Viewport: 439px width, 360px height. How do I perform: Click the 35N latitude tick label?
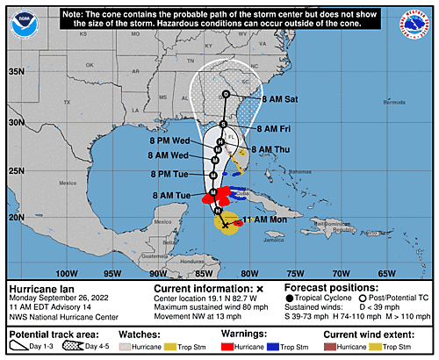tap(16, 71)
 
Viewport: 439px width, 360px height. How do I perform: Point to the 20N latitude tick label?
tap(16, 216)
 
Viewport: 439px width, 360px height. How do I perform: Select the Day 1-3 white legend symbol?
tap(20, 347)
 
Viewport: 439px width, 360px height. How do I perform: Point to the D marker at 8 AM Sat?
tap(226, 94)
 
